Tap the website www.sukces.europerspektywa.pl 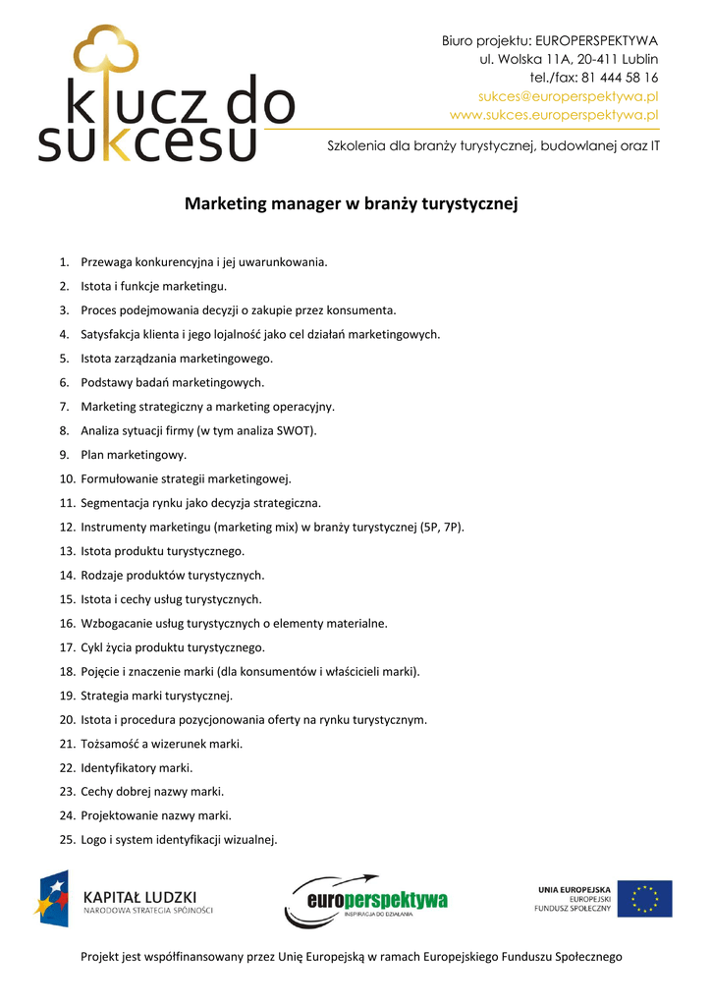pyautogui.click(x=554, y=115)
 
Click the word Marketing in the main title pyautogui.click(x=224, y=204)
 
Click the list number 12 pyautogui.click(x=68, y=527)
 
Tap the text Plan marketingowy pyautogui.click(x=134, y=455)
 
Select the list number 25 pyautogui.click(x=68, y=839)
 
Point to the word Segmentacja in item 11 pyautogui.click(x=117, y=503)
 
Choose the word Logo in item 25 pyautogui.click(x=94, y=839)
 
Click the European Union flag pyautogui.click(x=644, y=899)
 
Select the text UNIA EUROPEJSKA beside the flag pyautogui.click(x=574, y=890)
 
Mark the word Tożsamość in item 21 pyautogui.click(x=113, y=744)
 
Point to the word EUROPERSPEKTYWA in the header pyautogui.click(x=596, y=40)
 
